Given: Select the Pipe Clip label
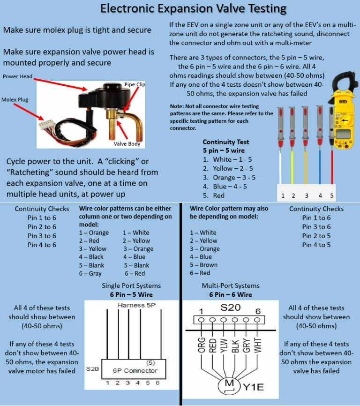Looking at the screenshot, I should [x=135, y=84].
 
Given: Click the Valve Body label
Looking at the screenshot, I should [x=127, y=144].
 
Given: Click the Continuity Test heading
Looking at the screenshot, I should [x=225, y=142].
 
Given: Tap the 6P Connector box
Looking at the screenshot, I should [x=135, y=370].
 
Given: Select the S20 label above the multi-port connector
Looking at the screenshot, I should [x=230, y=308].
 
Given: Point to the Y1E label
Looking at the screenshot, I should [x=255, y=388].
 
